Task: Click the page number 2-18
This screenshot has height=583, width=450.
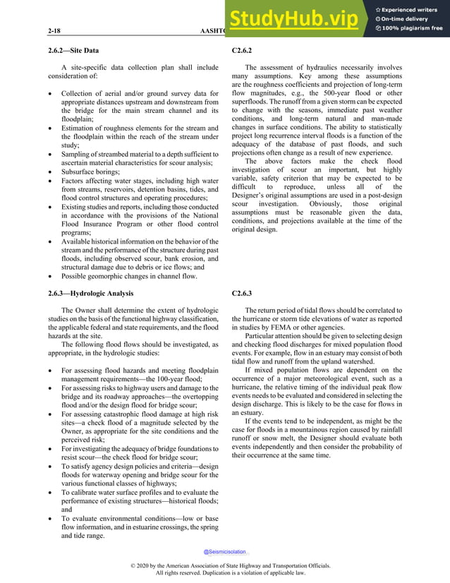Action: tap(54, 31)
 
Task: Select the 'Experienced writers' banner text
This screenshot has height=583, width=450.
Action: tap(413, 8)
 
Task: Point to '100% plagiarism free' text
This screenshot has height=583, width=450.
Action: tap(413, 28)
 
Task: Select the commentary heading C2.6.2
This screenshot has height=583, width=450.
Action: tap(242, 51)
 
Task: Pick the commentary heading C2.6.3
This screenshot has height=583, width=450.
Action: tap(242, 292)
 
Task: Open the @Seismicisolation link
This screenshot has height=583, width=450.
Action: tap(225, 552)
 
